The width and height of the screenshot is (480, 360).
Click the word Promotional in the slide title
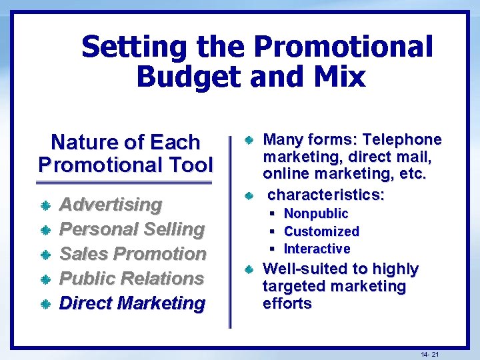[x=343, y=48]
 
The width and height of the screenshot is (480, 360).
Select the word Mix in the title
[x=337, y=77]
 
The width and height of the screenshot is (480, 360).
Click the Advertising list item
[x=111, y=204]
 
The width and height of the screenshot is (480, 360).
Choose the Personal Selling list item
[x=132, y=229]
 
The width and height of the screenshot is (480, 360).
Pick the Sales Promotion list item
[x=133, y=253]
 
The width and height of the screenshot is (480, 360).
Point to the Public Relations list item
[x=131, y=278]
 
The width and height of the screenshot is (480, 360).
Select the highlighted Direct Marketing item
[x=132, y=303]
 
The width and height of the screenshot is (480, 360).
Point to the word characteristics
[x=326, y=195]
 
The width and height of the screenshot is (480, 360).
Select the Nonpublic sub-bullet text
[x=316, y=213]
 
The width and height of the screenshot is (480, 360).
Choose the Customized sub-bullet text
[x=321, y=231]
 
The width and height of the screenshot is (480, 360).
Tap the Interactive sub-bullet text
[x=317, y=249]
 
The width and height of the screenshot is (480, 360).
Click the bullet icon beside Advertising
[x=46, y=205]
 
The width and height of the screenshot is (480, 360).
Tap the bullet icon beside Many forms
[x=247, y=141]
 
